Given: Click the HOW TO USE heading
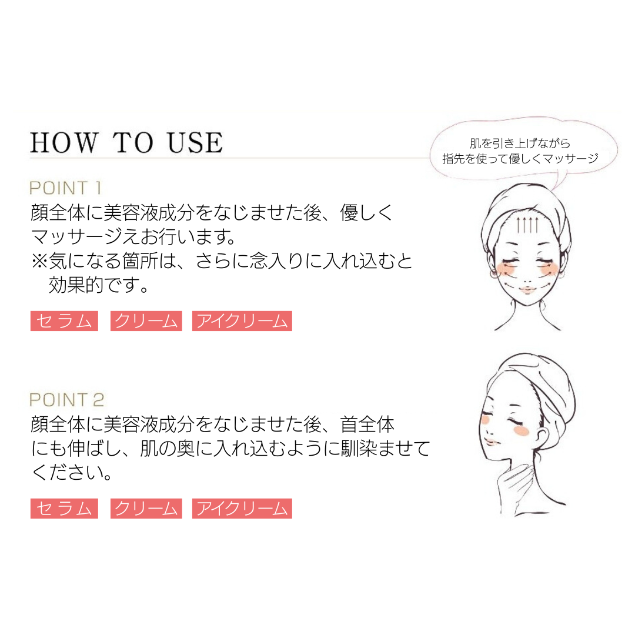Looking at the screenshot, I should (126, 143).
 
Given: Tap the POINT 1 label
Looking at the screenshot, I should (66, 188).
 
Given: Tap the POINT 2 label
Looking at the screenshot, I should (67, 400).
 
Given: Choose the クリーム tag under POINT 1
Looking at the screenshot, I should (146, 321).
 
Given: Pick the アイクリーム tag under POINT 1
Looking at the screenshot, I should (242, 321).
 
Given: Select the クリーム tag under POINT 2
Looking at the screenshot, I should (146, 509).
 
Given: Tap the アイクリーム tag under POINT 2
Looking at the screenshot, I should (242, 509).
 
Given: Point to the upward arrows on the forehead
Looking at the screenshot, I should (527, 225).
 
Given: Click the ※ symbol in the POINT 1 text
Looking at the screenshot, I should (39, 261).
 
